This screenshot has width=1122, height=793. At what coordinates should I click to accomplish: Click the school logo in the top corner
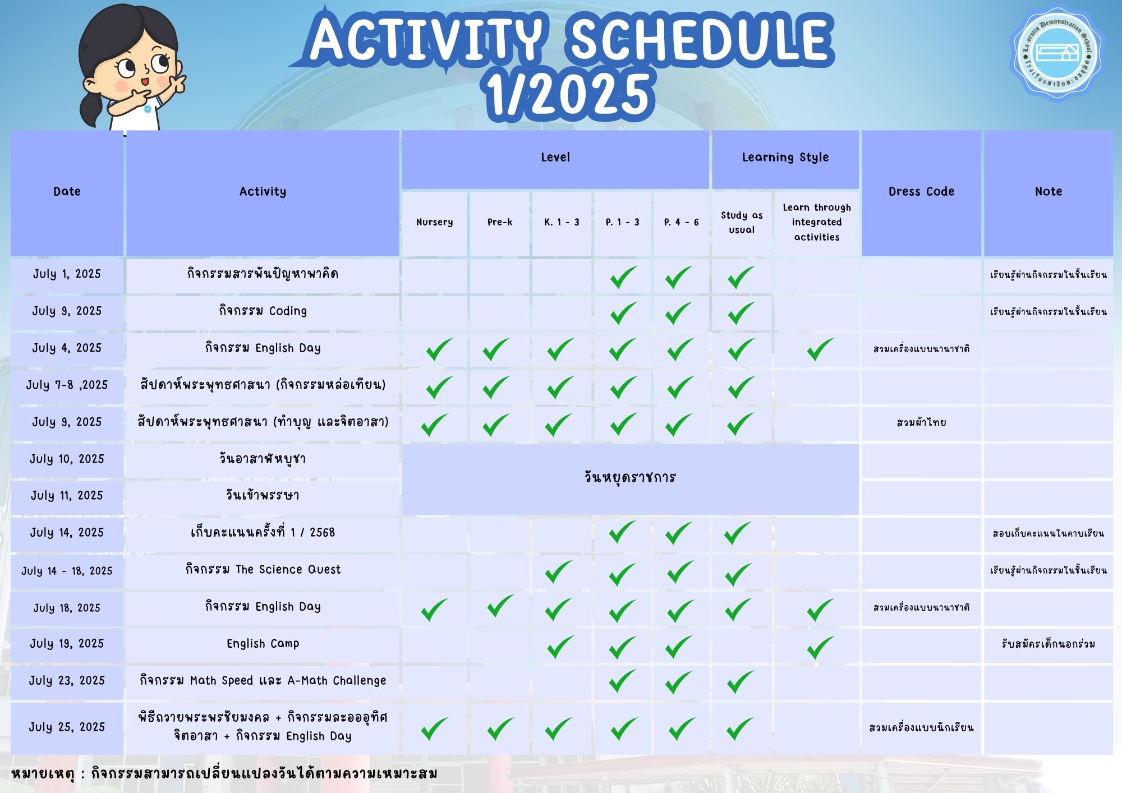click(x=1056, y=54)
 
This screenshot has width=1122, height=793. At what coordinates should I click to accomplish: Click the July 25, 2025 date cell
click(x=67, y=728)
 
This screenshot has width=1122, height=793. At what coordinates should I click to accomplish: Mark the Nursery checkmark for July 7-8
click(x=439, y=388)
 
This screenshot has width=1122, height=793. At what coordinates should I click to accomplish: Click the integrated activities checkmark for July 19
click(x=820, y=647)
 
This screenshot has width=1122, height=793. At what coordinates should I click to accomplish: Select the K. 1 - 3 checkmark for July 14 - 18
click(x=558, y=572)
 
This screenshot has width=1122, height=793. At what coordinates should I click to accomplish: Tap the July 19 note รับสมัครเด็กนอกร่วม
click(x=1048, y=644)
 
